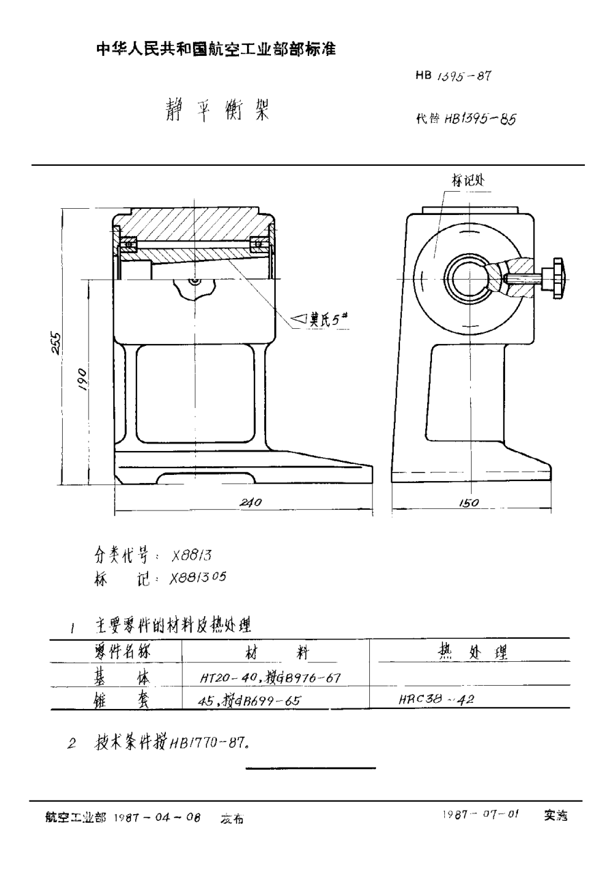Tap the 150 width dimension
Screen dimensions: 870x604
(x=468, y=503)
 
